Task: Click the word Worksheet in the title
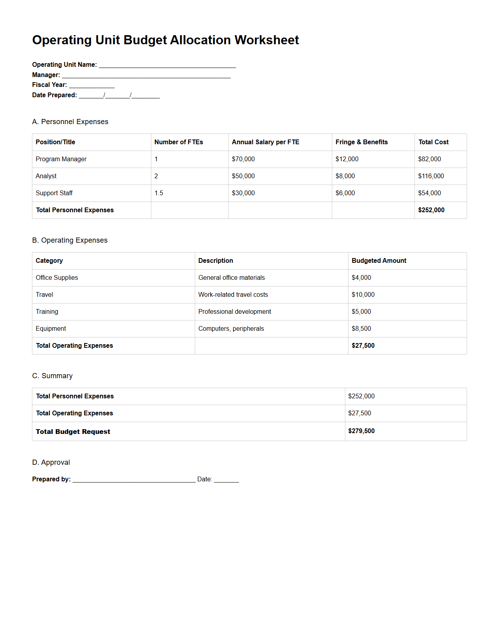pyautogui.click(x=267, y=40)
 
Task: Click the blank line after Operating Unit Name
pyautogui.click(x=167, y=66)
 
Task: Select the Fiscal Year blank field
pyautogui.click(x=92, y=86)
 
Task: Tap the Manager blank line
pyautogui.click(x=146, y=76)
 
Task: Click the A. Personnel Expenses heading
pyautogui.click(x=70, y=122)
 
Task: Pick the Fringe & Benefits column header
pyautogui.click(x=362, y=142)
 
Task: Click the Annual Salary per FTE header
pyautogui.click(x=266, y=142)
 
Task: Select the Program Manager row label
pyautogui.click(x=61, y=159)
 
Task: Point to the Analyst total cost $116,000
pyautogui.click(x=431, y=176)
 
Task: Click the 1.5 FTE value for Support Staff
pyautogui.click(x=159, y=193)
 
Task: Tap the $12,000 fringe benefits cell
pyautogui.click(x=347, y=159)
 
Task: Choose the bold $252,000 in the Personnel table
pyautogui.click(x=431, y=210)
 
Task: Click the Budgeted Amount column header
pyautogui.click(x=379, y=261)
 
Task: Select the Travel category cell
pyautogui.click(x=44, y=295)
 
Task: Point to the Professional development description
pyautogui.click(x=235, y=312)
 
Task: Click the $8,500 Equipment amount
pyautogui.click(x=361, y=329)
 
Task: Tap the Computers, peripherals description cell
pyautogui.click(x=231, y=329)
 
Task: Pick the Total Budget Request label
pyautogui.click(x=73, y=432)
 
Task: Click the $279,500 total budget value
pyautogui.click(x=361, y=431)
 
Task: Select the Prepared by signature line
pyautogui.click(x=134, y=480)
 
